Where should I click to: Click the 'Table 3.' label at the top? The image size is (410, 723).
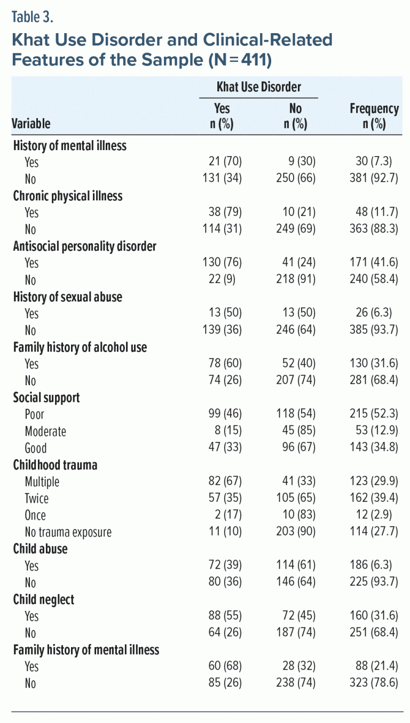(33, 17)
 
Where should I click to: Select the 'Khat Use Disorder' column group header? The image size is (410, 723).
(259, 87)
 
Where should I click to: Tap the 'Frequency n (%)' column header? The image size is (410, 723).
(374, 116)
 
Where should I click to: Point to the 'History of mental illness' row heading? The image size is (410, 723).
(69, 145)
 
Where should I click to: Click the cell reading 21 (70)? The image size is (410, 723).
(225, 162)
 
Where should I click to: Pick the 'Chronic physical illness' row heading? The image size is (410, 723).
(68, 196)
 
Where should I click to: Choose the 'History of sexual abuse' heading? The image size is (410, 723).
(67, 297)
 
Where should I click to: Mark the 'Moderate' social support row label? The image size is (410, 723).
(45, 431)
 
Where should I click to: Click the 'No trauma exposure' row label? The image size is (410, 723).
(68, 532)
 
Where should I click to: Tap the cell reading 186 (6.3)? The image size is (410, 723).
(376, 566)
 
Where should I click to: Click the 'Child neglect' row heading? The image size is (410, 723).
(44, 600)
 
